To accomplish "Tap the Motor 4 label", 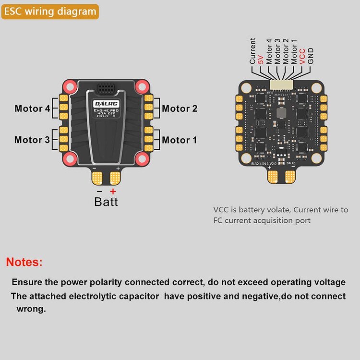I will [x=32, y=108].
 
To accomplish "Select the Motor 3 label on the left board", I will [x=32, y=140].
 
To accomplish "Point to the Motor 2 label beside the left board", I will [x=180, y=108].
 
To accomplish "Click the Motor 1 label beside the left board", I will [x=180, y=140].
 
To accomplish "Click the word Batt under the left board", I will [x=106, y=202].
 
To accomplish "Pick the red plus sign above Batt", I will [x=113, y=191].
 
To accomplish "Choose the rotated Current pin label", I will [x=252, y=51].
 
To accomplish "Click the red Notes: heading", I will [x=24, y=262].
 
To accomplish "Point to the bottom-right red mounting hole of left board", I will [x=141, y=158].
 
